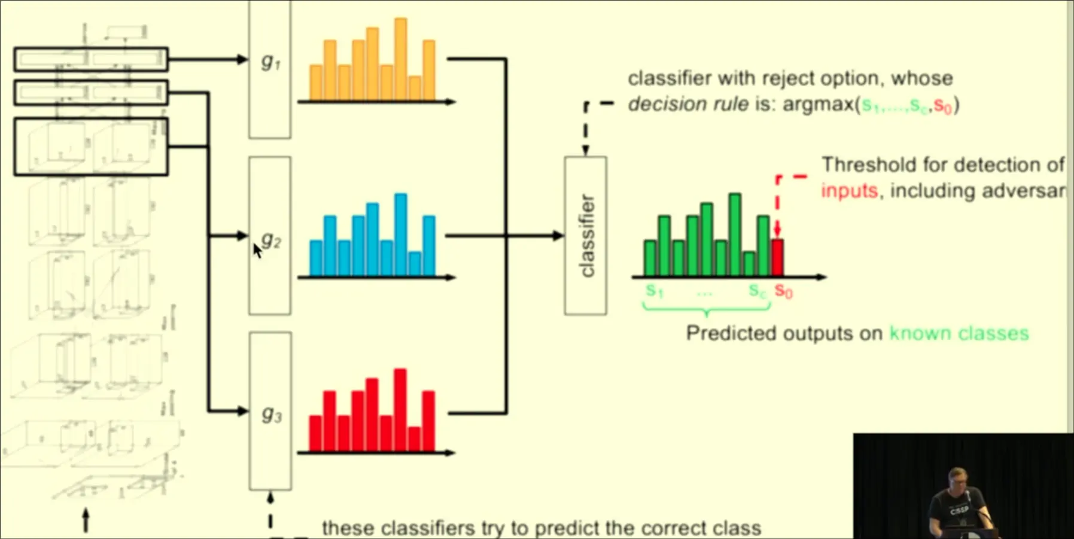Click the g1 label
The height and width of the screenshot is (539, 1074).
click(x=270, y=61)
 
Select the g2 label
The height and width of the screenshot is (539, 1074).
click(x=271, y=239)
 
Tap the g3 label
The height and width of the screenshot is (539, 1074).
click(x=271, y=414)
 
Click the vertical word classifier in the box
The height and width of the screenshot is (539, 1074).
click(x=586, y=236)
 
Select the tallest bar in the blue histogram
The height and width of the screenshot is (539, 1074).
click(x=400, y=234)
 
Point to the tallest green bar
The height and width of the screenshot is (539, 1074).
click(x=735, y=234)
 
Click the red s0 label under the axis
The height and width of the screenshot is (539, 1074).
click(x=783, y=291)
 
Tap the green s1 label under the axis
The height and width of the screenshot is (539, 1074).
click(x=655, y=291)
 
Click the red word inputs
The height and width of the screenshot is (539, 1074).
click(x=849, y=191)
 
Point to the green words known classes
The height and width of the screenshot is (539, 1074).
click(x=959, y=333)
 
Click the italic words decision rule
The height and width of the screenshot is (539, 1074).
click(x=687, y=104)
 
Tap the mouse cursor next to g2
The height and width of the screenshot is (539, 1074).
click(x=257, y=249)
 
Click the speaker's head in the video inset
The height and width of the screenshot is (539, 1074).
click(x=957, y=480)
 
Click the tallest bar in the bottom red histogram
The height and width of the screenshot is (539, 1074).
click(x=400, y=410)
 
